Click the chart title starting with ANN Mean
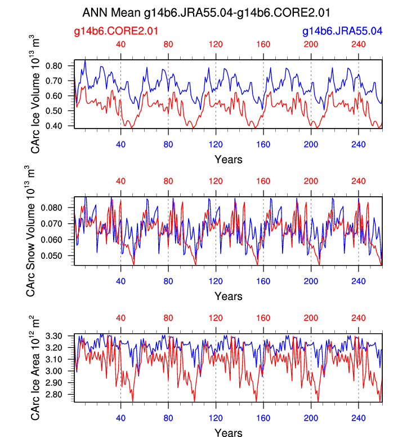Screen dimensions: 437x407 click(x=206, y=12)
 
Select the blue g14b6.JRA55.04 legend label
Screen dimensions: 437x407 click(x=342, y=32)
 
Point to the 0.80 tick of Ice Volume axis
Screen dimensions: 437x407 click(x=60, y=66)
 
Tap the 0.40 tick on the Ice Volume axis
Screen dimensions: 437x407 click(x=60, y=126)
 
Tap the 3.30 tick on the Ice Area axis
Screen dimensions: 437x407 click(x=60, y=336)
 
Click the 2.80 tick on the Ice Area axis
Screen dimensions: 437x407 click(x=60, y=395)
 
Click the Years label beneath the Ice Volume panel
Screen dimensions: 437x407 click(x=229, y=160)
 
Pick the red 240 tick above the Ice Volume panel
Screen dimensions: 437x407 click(x=359, y=45)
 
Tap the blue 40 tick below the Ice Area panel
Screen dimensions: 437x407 click(x=120, y=418)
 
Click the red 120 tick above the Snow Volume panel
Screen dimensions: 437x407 click(x=216, y=182)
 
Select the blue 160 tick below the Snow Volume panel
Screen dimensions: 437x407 click(x=263, y=281)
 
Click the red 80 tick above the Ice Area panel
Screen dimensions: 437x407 click(x=168, y=318)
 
